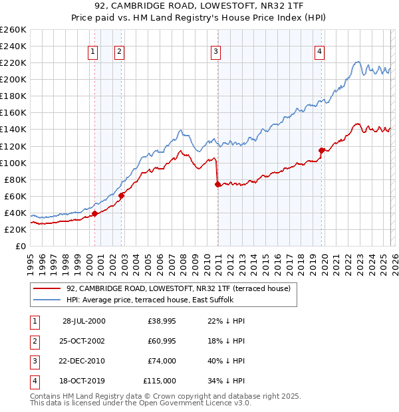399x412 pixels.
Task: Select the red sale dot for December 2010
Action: tap(217, 184)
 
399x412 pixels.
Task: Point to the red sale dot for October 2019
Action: tap(321, 150)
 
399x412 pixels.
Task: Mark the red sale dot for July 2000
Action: tap(95, 213)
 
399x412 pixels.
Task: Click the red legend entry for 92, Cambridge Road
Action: tap(178, 289)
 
